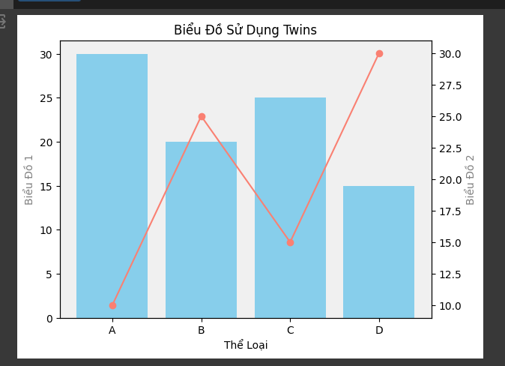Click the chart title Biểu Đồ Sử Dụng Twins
coord(245,30)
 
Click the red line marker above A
coord(112,305)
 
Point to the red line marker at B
coord(202,117)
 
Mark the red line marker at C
coord(290,242)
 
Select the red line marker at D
coord(379,54)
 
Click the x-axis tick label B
coord(201,330)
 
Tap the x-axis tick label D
coord(379,330)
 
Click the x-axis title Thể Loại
coord(246,345)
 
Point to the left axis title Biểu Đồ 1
coord(29,180)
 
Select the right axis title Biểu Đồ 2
coord(471,180)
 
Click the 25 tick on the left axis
coord(46,98)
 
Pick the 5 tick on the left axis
coord(49,274)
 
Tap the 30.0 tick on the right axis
coord(450,54)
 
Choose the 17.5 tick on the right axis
coord(450,211)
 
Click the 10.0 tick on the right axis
coord(450,306)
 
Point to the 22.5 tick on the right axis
coord(450,148)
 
